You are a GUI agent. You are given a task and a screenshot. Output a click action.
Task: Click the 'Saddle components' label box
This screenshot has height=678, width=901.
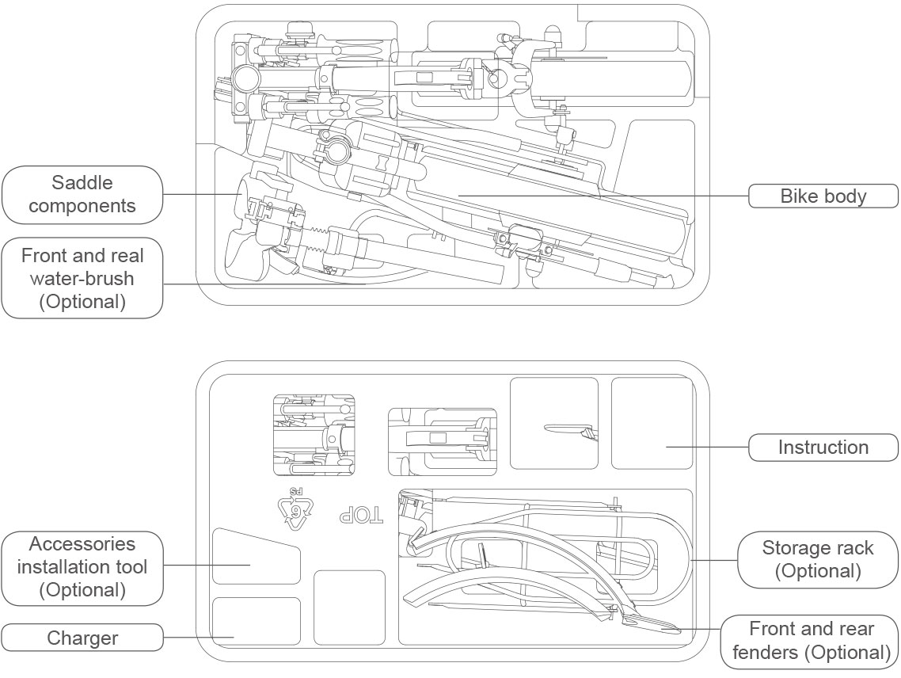[x=82, y=195]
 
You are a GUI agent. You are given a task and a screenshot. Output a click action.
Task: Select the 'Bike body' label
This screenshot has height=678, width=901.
[x=823, y=196]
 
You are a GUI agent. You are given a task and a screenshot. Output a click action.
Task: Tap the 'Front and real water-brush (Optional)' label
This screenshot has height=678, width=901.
[x=82, y=279]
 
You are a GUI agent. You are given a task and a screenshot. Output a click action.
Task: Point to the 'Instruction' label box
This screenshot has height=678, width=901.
[x=823, y=448]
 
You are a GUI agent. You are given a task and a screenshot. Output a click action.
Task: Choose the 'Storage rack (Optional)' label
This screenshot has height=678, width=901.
[x=817, y=559]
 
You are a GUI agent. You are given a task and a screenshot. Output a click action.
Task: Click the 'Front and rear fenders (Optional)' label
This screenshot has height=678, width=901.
[x=811, y=641]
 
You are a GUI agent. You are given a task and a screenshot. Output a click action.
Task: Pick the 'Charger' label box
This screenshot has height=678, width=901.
[x=82, y=638]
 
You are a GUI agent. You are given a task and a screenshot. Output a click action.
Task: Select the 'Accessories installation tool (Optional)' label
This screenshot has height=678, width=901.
[x=82, y=567]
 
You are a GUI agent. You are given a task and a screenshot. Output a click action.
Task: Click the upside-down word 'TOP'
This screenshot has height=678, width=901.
[x=361, y=515]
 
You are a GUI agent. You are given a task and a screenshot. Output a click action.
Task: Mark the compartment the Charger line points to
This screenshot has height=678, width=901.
[x=257, y=622]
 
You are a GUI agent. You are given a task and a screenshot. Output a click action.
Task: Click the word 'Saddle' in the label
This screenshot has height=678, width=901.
[x=82, y=183]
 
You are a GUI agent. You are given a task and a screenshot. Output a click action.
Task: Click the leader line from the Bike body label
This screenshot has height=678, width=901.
[x=602, y=195]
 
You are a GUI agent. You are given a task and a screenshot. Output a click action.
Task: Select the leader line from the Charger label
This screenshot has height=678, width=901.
[x=198, y=637]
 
